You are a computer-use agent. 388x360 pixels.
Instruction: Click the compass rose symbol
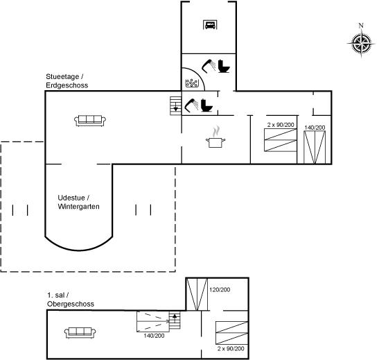pos(361,44)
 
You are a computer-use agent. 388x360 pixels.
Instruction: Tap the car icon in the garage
pos(211,25)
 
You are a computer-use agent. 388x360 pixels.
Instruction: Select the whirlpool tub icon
pos(192,83)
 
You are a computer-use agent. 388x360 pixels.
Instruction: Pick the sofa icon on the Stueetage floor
pos(90,121)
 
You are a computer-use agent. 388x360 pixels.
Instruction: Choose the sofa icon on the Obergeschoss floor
pos(80,332)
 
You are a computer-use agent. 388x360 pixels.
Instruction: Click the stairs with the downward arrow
pos(176,106)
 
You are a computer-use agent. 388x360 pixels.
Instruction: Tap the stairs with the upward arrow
pos(175,320)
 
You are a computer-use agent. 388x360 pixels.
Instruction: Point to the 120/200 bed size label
pos(220,290)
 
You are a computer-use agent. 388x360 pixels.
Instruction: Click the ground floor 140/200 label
pos(315,128)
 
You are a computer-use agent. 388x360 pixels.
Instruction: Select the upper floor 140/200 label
pos(154,336)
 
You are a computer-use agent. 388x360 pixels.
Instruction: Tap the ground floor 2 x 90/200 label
pos(281,125)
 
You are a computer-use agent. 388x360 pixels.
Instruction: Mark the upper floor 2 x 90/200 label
pos(231,349)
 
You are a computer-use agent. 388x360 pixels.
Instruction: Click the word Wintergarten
pos(79,207)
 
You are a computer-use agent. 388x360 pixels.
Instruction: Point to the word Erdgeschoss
pos(67,85)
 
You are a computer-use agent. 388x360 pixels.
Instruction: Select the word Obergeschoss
pos(71,304)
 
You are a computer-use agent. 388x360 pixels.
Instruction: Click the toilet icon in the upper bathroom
pos(224,66)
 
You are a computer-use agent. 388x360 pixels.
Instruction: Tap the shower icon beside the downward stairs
pos(191,105)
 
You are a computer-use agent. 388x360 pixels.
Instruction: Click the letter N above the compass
pos(361,25)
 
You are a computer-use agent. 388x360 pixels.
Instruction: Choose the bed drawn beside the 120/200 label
pos(197,294)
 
